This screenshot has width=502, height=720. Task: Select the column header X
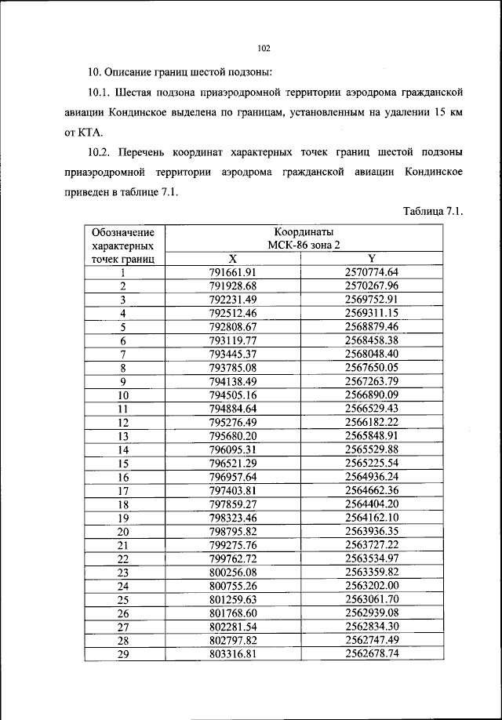tap(232, 259)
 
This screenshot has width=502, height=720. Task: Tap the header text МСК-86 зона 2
tap(304, 245)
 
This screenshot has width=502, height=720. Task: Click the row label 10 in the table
tap(123, 396)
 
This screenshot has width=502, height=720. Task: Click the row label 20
tap(123, 531)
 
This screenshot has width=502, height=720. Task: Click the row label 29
tap(123, 653)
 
